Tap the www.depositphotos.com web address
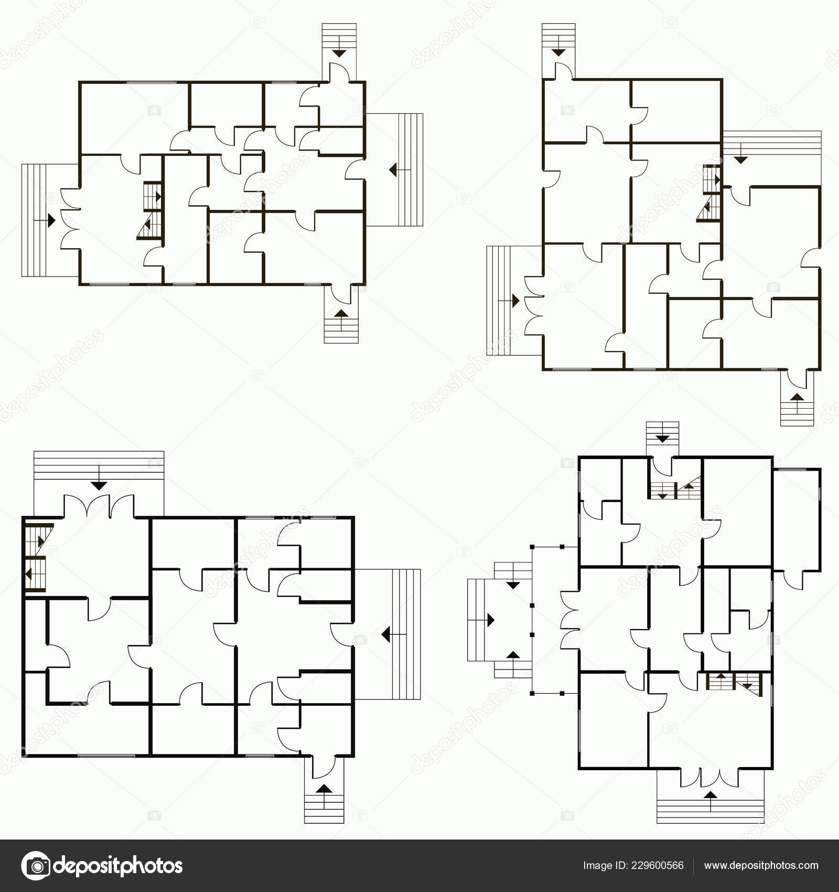pos(761,866)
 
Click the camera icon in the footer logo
pos(35,866)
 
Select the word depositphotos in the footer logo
pos(119,866)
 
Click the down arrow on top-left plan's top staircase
pos(339,52)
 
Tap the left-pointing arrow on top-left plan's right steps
pos(392,169)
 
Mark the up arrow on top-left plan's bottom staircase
pos(341,313)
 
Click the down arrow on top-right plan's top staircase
pos(558,51)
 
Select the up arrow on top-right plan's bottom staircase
pos(797,397)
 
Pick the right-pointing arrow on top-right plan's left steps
pos(515,301)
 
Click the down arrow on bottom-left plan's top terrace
pos(99,485)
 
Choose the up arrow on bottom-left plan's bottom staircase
pos(324,789)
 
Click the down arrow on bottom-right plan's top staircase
pos(663,438)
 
